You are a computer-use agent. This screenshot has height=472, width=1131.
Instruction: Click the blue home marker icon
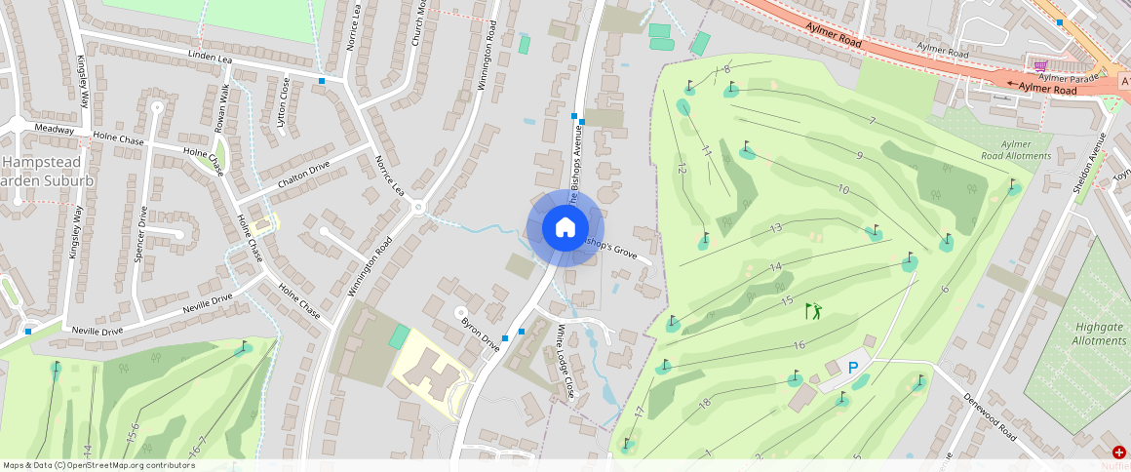(565, 228)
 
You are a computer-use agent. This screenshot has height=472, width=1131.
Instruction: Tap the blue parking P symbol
(853, 369)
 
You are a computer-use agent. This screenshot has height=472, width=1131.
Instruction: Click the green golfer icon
(813, 311)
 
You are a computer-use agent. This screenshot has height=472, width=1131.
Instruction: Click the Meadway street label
(54, 129)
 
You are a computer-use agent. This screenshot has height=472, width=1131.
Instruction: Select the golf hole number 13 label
(776, 228)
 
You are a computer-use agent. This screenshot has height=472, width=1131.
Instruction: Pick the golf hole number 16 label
(799, 345)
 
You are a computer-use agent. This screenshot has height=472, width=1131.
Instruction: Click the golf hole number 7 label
(872, 121)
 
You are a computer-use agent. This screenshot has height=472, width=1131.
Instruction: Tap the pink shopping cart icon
(1040, 64)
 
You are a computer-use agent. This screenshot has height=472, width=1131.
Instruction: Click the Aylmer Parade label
(1069, 77)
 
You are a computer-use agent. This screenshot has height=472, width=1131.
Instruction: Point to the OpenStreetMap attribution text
(98, 465)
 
